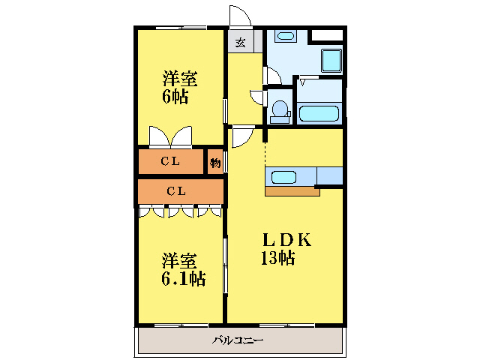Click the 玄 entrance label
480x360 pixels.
241,43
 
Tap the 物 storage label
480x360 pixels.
215,163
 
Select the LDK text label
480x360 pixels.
287,240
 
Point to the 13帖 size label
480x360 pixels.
277,257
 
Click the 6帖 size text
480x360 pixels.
175,97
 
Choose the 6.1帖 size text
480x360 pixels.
183,278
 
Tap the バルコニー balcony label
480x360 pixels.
238,340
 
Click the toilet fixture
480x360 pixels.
280,112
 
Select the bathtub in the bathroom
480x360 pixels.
319,113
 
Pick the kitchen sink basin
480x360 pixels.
283,178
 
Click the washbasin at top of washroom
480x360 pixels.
285,36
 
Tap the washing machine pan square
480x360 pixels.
331,61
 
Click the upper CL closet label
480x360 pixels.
170,161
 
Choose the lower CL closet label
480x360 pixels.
176,191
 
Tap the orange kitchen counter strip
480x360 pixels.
292,191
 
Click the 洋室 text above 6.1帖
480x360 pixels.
179,261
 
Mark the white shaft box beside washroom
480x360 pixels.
327,35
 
